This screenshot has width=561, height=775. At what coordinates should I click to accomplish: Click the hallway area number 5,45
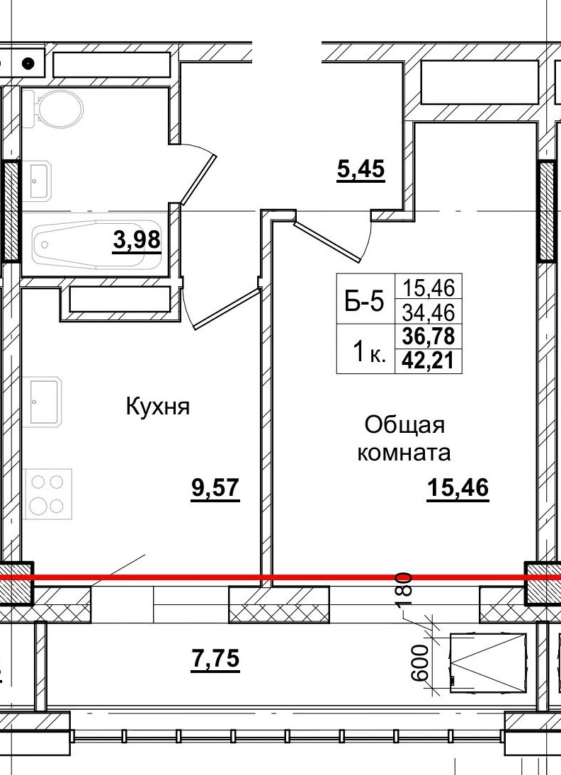[360, 170]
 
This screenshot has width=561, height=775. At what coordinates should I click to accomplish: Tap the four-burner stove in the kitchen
[47, 493]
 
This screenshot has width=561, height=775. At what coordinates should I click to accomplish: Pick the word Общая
[404, 426]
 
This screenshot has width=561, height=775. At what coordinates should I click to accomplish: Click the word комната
[404, 452]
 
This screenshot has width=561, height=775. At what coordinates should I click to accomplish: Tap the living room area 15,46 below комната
[458, 488]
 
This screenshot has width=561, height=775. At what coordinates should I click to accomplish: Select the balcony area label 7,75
[215, 659]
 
